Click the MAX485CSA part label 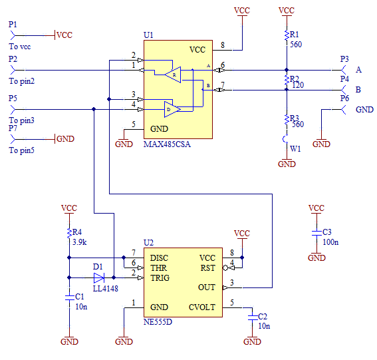pyautogui.click(x=167, y=144)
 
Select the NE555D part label pyautogui.click(x=158, y=322)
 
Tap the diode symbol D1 pyautogui.click(x=99, y=277)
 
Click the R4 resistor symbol pyautogui.click(x=69, y=234)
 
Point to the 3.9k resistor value pyautogui.click(x=80, y=242)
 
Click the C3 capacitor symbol pyautogui.click(x=316, y=233)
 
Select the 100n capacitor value pyautogui.click(x=330, y=242)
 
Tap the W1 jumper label pyautogui.click(x=295, y=149)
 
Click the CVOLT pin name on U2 pyautogui.click(x=202, y=307)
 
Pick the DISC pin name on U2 pyautogui.click(x=159, y=258)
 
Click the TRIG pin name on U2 pyautogui.click(x=160, y=278)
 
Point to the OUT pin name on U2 pyautogui.click(x=207, y=287)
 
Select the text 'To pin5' pyautogui.click(x=22, y=150)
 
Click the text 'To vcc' pyautogui.click(x=20, y=47)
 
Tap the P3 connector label pyautogui.click(x=344, y=59)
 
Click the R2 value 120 pyautogui.click(x=298, y=85)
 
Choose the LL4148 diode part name pyautogui.click(x=106, y=289)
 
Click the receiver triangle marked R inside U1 pyautogui.click(x=173, y=75)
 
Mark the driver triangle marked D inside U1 pyautogui.click(x=172, y=110)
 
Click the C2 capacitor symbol pyautogui.click(x=252, y=317)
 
